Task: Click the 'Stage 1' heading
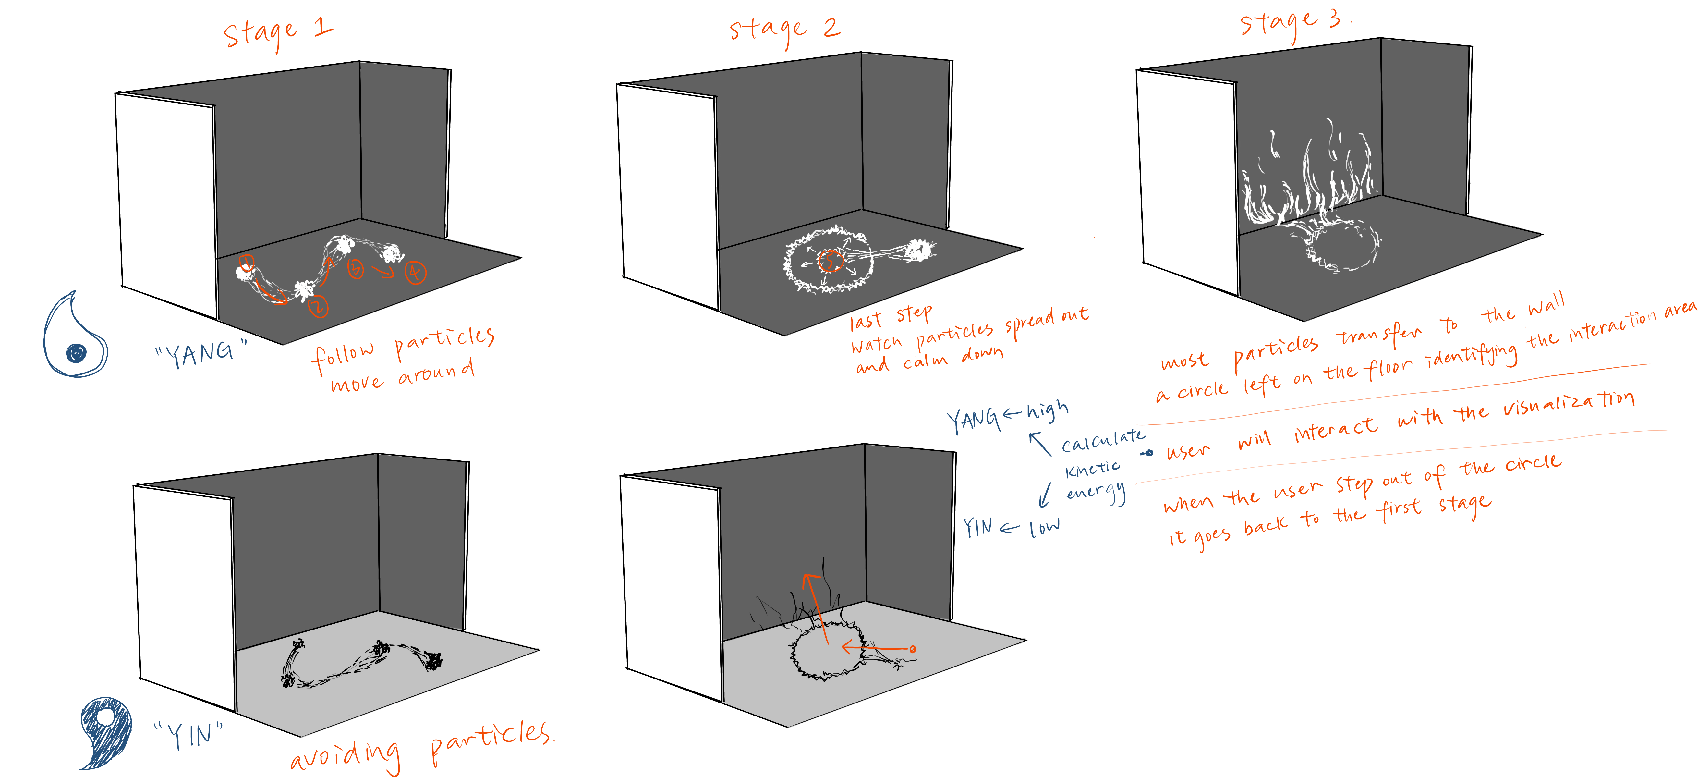(x=277, y=33)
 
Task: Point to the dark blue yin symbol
(x=105, y=732)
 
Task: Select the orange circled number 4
(x=415, y=272)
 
